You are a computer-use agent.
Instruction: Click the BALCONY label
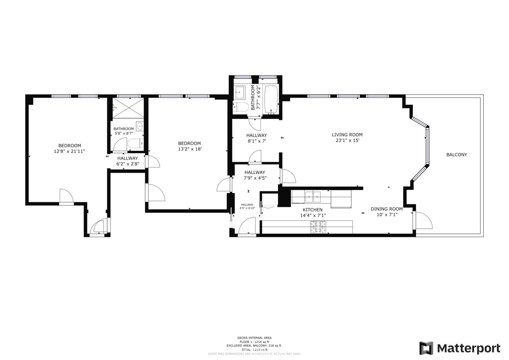(456, 155)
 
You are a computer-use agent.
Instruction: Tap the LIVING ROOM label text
(347, 135)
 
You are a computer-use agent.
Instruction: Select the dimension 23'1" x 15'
(347, 141)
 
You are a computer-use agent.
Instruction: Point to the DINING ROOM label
(386, 209)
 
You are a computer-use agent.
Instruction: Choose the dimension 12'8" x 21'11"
(70, 151)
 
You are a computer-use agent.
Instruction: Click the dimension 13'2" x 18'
(189, 149)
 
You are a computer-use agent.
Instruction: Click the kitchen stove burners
(319, 227)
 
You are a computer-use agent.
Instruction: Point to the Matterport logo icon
(426, 348)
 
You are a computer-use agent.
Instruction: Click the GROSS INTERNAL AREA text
(254, 338)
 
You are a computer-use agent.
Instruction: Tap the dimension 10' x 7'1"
(386, 215)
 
